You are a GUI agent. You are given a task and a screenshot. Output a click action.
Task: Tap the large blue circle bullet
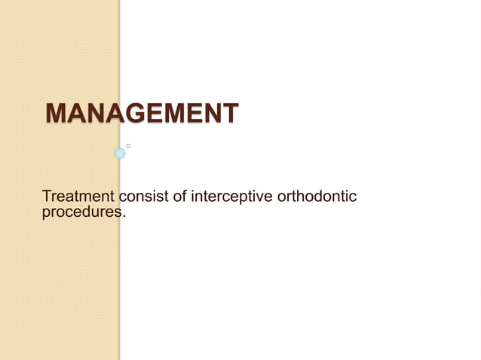tap(119, 154)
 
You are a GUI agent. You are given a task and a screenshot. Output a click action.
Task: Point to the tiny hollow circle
tap(128, 145)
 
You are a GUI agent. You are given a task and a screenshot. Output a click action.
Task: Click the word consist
tap(146, 197)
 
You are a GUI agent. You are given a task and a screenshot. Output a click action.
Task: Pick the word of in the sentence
tap(181, 197)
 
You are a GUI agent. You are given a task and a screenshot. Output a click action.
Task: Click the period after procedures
tap(121, 217)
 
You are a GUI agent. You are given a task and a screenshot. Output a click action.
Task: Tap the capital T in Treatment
tap(47, 197)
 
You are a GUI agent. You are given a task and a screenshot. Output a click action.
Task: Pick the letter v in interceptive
tap(261, 198)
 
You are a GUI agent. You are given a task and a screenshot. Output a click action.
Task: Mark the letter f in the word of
tap(185, 197)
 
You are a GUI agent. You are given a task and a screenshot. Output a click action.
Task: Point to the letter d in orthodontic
tap(317, 197)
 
